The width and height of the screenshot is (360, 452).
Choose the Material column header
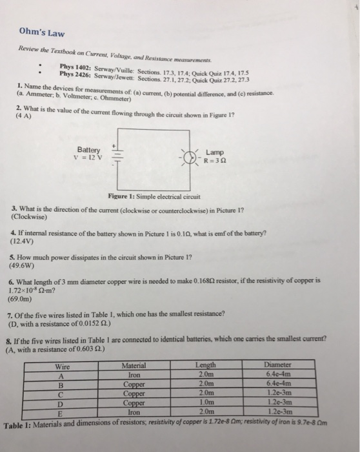point(134,365)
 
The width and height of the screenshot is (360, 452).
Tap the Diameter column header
point(283,365)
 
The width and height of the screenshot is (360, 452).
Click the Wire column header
point(63,366)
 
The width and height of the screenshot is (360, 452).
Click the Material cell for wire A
point(134,373)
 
